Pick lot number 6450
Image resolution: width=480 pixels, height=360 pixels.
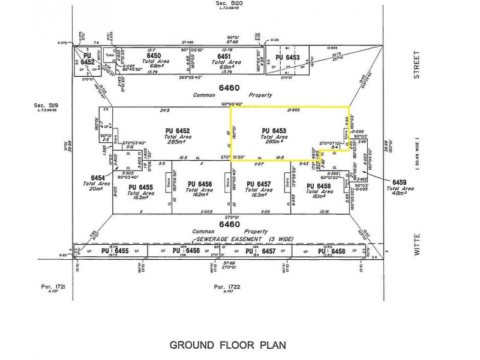tap(154, 55)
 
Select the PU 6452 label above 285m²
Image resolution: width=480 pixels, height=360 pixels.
tap(178, 130)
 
